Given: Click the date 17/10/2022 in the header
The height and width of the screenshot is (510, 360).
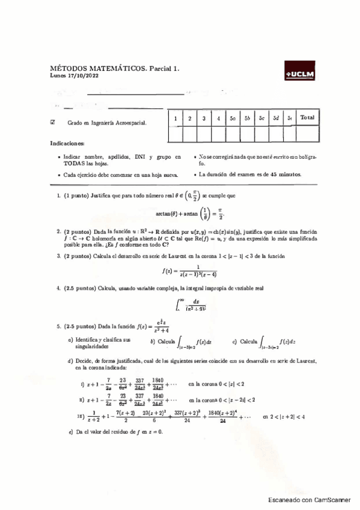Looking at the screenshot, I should point(77,76).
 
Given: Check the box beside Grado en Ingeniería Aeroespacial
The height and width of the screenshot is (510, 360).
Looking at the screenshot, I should point(53,121).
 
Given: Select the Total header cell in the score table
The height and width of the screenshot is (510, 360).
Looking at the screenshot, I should point(307,118).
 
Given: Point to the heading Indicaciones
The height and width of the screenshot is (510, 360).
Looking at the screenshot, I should point(67,144).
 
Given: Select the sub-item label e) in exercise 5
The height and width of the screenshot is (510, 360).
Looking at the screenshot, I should point(72,432).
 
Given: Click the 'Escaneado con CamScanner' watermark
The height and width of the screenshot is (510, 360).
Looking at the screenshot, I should point(309,500).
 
